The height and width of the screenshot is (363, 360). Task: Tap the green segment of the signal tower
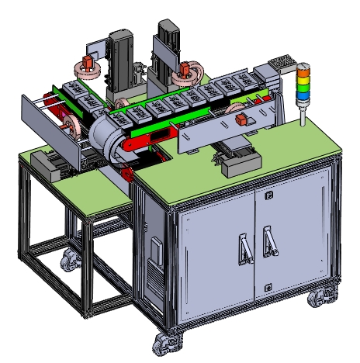point(303,87)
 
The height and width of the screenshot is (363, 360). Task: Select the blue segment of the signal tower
point(303,95)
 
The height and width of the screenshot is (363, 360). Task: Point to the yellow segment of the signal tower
point(303,79)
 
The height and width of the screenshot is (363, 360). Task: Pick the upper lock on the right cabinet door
point(268,196)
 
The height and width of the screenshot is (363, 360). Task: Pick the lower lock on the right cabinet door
point(268,288)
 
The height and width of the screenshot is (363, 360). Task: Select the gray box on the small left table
point(50,166)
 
